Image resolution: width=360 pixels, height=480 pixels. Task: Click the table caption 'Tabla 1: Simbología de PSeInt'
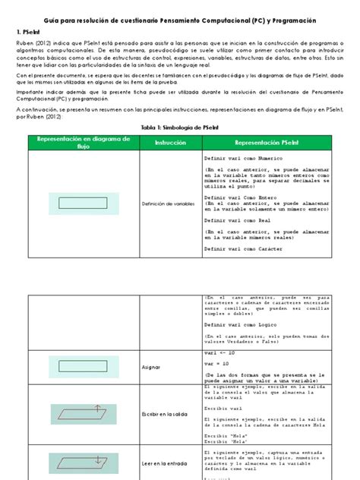pyautogui.click(x=179, y=128)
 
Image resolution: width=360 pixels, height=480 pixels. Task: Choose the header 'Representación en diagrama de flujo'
pyautogui.click(x=79, y=143)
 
